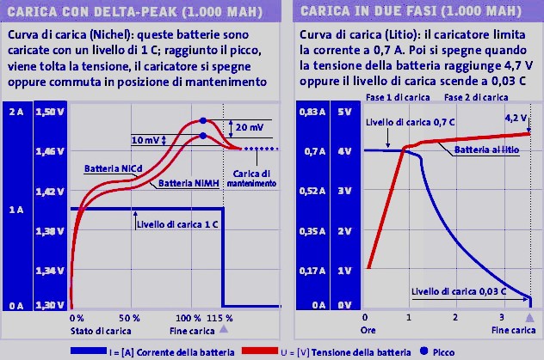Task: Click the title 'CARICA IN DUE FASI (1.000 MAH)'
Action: click(x=405, y=12)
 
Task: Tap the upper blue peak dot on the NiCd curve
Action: click(x=203, y=120)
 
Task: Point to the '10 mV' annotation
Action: click(x=145, y=140)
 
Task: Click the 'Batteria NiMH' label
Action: click(x=182, y=182)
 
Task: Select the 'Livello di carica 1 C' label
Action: click(x=176, y=226)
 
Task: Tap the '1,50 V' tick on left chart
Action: click(x=53, y=113)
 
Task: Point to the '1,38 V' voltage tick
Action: click(x=53, y=231)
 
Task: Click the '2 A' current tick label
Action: click(x=15, y=113)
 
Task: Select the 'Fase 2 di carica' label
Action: click(x=472, y=98)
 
